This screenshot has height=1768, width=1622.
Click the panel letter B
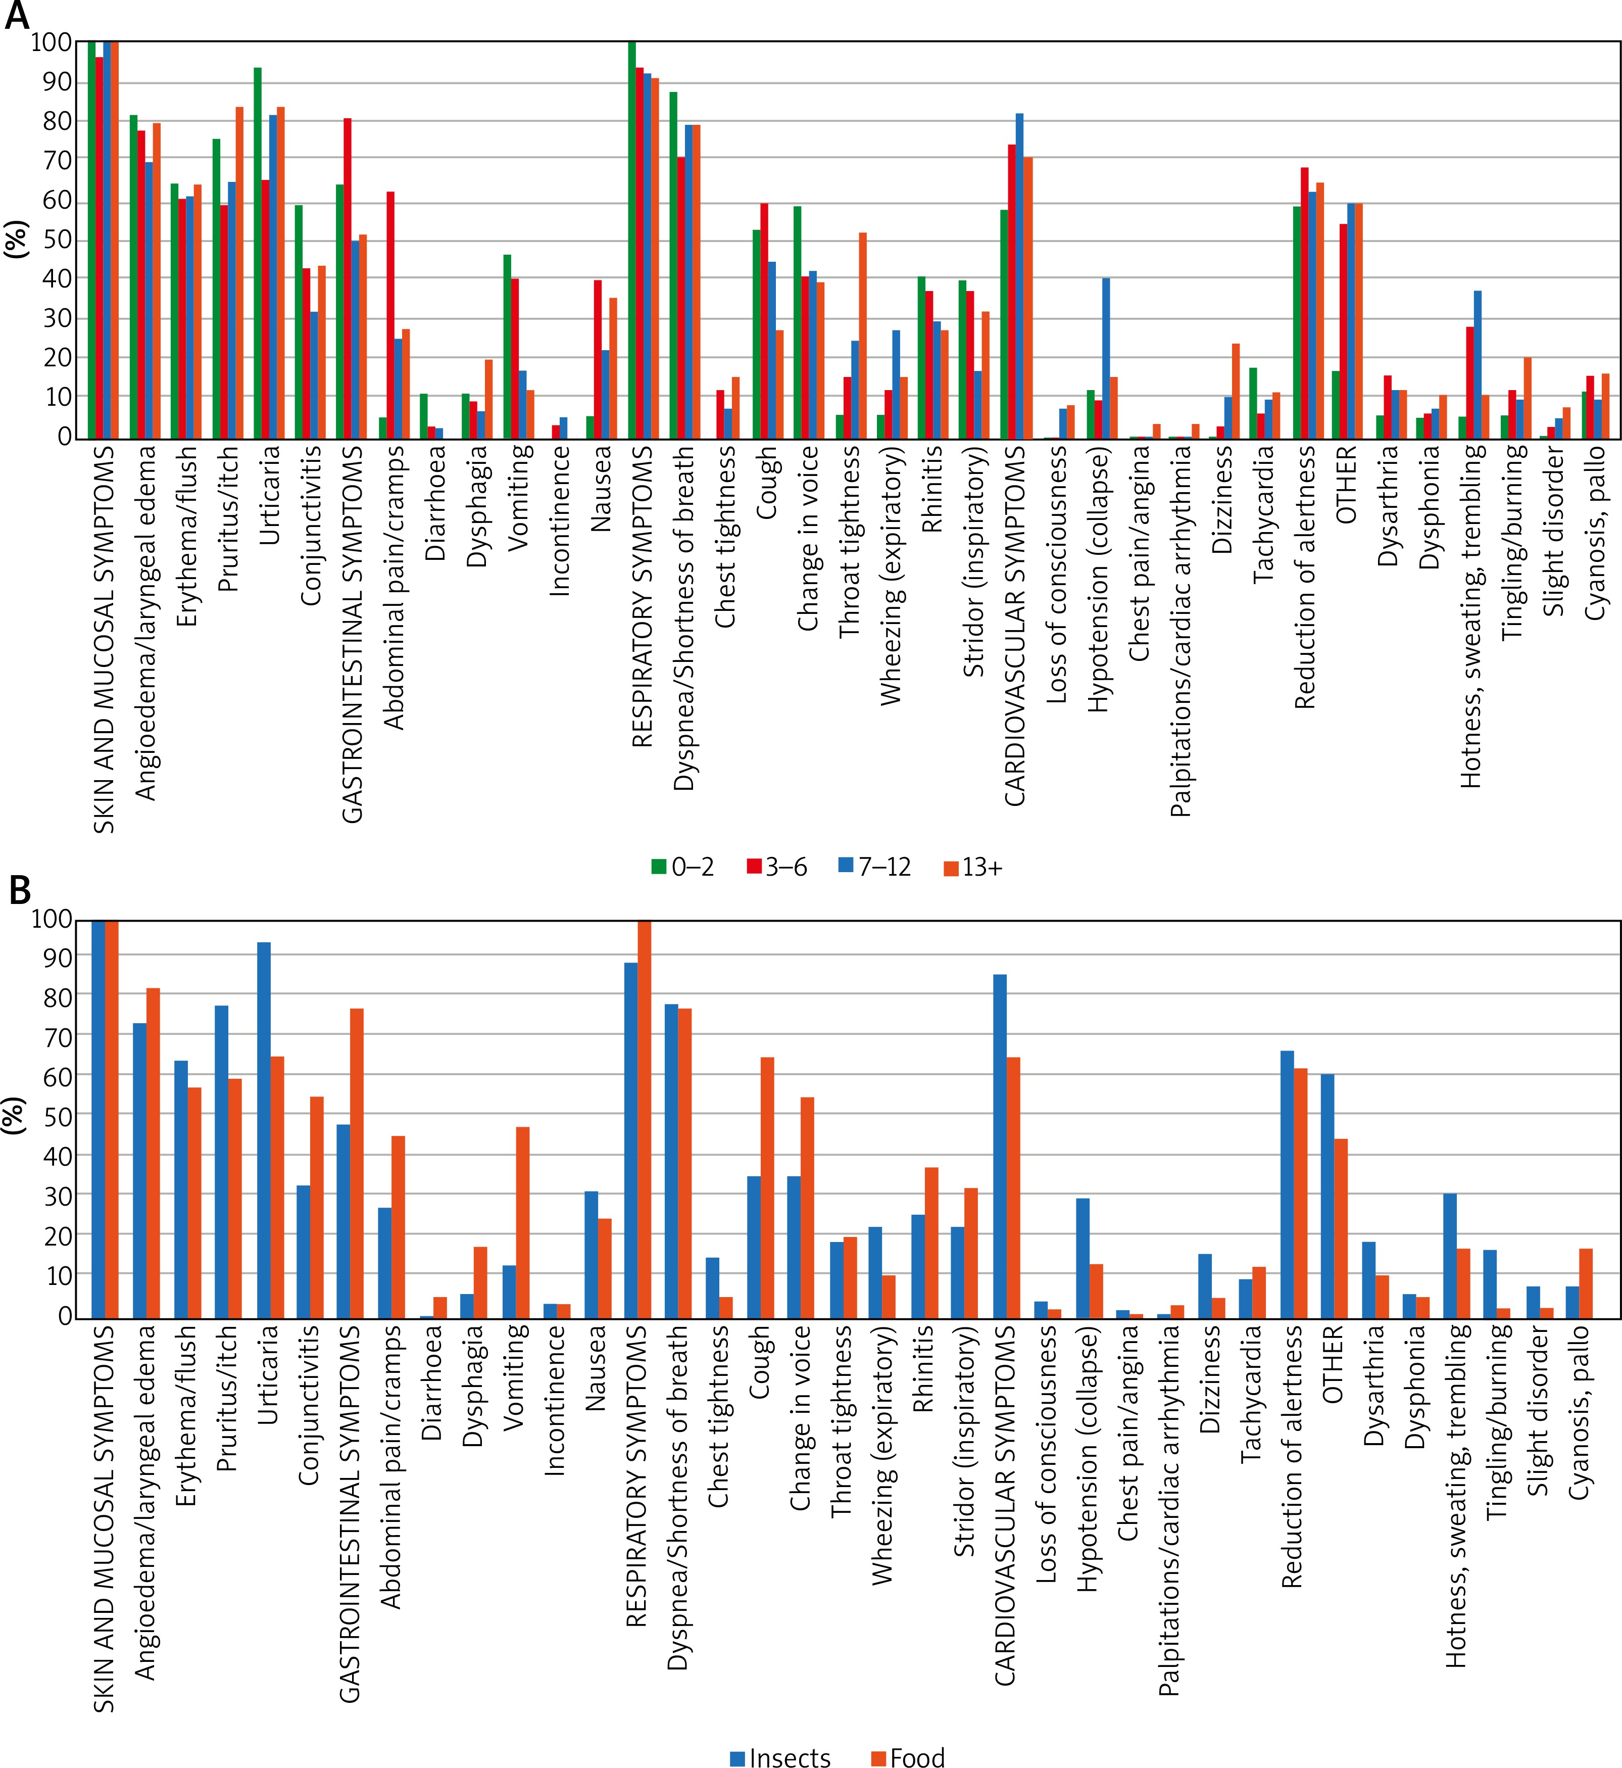pos(19,890)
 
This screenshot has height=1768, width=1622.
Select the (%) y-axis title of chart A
pos(16,239)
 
